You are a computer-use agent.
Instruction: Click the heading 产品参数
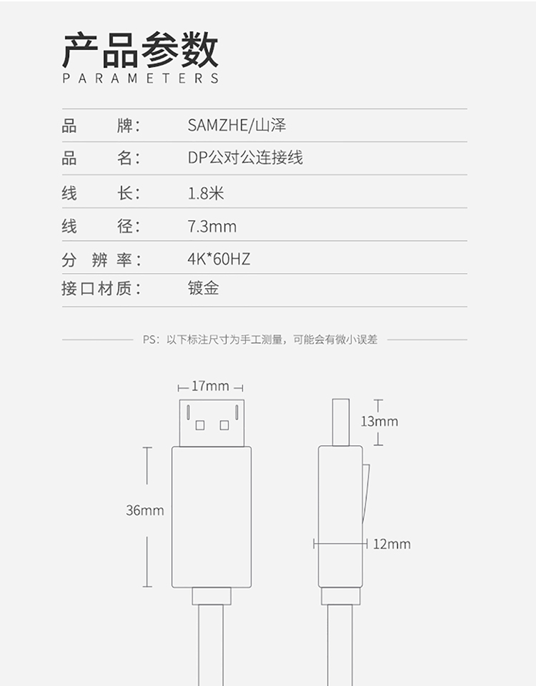140,50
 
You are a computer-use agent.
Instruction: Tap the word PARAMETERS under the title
140,79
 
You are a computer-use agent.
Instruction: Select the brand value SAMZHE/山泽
237,126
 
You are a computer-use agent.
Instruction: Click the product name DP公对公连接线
245,158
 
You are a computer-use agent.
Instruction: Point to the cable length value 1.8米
206,193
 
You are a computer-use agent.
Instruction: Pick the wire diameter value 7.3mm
212,227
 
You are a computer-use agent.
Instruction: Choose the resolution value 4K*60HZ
219,259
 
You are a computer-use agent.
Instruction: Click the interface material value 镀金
203,289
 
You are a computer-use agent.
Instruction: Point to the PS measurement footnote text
260,339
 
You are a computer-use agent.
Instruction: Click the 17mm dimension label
211,387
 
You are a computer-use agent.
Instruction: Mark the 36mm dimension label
144,510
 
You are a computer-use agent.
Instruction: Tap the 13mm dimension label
379,422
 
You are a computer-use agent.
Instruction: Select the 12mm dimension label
392,545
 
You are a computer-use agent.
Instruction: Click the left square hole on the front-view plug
200,425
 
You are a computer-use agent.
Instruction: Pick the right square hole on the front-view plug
224,425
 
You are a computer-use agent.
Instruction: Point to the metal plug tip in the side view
341,422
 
